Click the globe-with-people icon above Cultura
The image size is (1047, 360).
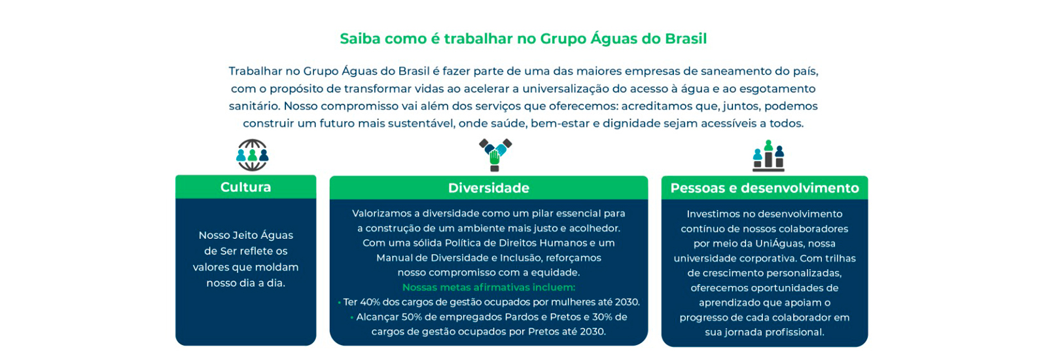coord(253,155)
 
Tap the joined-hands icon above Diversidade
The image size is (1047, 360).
coord(495,155)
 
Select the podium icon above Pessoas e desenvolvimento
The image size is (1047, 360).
coord(768,156)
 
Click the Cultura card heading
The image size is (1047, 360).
coord(246,187)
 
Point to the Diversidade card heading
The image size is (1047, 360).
coord(489,188)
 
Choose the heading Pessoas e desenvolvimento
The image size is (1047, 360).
coord(765,188)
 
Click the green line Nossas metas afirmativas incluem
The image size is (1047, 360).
coord(489,287)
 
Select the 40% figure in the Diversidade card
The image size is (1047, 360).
coord(370,302)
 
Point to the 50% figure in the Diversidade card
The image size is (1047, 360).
coord(412,317)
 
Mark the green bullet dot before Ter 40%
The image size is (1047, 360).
coord(339,303)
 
